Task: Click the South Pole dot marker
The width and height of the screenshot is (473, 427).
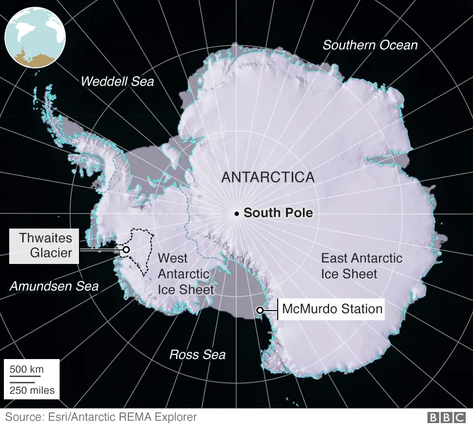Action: [236, 213]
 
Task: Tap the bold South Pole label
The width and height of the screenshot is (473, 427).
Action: [278, 213]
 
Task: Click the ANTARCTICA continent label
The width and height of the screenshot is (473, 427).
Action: [268, 177]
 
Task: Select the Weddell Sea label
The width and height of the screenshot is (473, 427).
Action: [117, 81]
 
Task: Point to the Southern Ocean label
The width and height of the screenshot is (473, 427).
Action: [370, 45]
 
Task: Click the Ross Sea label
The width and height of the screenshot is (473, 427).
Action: [197, 355]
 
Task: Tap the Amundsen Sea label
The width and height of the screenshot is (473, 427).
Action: [54, 286]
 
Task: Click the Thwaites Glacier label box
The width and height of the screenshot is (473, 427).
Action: [44, 246]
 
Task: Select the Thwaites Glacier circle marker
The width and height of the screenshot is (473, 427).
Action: [126, 249]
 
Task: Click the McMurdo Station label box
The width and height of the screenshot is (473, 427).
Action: [332, 309]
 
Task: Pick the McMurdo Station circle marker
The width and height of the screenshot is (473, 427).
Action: [260, 310]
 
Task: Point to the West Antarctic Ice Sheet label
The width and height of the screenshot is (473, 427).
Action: [186, 274]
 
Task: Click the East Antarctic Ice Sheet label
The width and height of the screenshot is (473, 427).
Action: [362, 265]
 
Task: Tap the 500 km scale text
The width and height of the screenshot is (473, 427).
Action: [27, 369]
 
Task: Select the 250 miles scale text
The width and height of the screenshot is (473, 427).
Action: [32, 390]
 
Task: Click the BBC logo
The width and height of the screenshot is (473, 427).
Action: [446, 417]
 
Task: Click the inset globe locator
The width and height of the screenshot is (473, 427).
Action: [34, 37]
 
